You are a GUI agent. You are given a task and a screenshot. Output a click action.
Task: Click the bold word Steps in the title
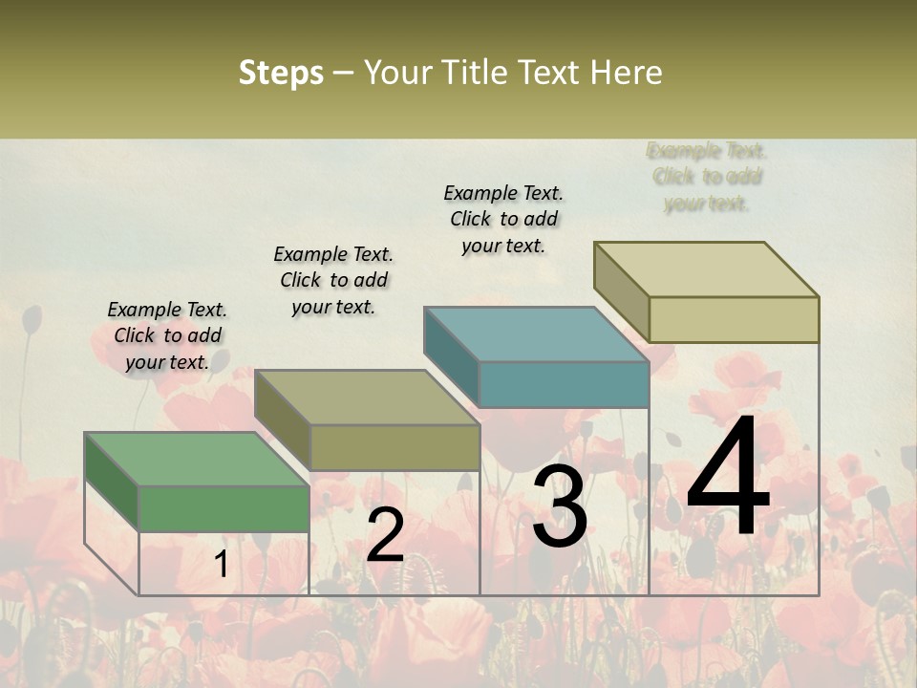pos(281,73)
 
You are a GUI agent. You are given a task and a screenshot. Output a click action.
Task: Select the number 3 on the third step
pos(559,507)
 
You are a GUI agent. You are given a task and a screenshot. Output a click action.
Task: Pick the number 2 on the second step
pos(385,535)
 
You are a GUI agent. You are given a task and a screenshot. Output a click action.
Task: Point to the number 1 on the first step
pos(221,565)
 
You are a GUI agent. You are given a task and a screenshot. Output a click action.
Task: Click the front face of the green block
pos(224,508)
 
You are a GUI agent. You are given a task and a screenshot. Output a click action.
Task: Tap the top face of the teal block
pos(535,334)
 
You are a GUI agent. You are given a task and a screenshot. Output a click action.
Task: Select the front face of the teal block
pos(564,385)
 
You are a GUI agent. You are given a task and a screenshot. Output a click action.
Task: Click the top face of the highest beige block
pos(707,269)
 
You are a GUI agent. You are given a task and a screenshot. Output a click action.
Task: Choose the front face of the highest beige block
pos(734,319)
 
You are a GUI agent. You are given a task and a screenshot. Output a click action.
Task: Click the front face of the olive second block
pos(395,447)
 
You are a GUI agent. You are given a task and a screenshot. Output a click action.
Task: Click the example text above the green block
pos(167,335)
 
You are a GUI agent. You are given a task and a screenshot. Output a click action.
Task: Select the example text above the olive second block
pos(333,280)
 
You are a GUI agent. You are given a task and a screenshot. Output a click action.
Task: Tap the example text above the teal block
pos(503,219)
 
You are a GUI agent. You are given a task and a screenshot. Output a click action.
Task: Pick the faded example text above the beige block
pos(707,177)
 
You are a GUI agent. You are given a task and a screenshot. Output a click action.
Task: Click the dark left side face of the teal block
pos(451,357)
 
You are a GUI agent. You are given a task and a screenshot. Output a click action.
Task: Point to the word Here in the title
pos(627,73)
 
